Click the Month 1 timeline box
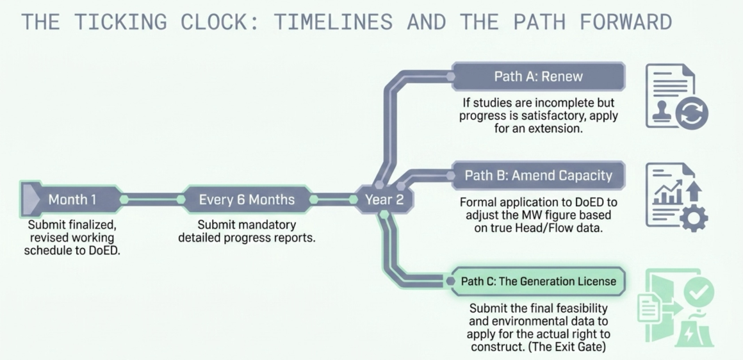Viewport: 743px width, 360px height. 71,199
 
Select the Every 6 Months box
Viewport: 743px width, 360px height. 247,199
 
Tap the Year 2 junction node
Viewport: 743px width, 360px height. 384,199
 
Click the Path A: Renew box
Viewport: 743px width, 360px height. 538,76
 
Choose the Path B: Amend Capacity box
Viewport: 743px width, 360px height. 538,176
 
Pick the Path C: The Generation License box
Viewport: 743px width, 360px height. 538,281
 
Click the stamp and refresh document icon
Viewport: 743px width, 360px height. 677,96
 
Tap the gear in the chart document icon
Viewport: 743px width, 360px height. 694,218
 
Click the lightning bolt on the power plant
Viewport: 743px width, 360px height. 689,334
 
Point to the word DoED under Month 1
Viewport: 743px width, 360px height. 104,250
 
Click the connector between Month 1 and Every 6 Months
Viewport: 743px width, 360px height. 152,199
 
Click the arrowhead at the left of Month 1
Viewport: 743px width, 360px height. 29,199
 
